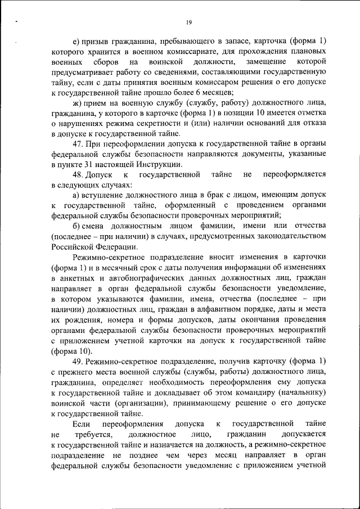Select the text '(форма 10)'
pos(69,350)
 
